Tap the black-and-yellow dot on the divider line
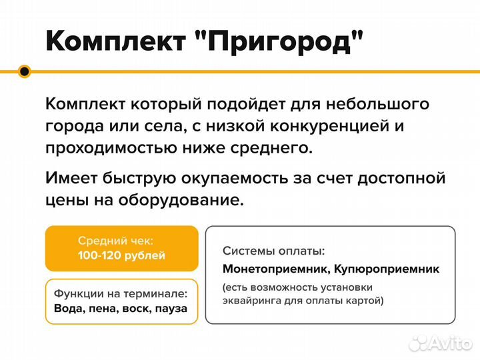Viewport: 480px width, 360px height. [x=25, y=72]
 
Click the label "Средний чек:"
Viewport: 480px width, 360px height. [x=115, y=241]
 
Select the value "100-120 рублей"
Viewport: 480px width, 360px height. [x=121, y=256]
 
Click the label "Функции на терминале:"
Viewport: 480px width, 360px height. [x=121, y=294]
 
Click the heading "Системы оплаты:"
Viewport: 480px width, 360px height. [x=274, y=251]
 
